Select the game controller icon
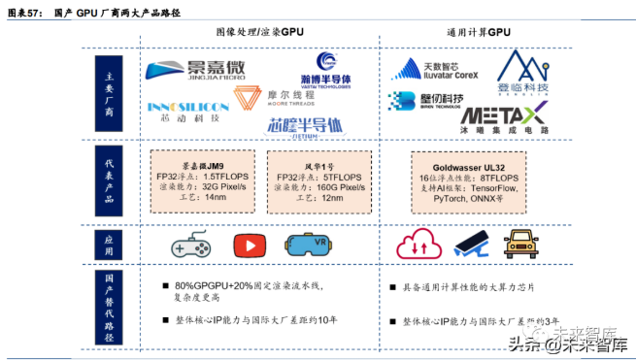coord(190,244)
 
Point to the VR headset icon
coord(308,244)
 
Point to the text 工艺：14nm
coord(204,198)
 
